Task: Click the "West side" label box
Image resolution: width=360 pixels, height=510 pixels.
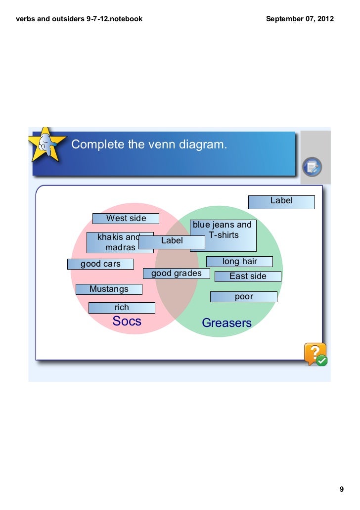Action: coord(126,219)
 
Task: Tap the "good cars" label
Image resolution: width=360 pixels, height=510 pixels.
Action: coord(100,264)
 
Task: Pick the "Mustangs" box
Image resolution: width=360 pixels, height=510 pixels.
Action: coord(109,289)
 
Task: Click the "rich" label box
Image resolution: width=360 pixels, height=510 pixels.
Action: coord(122,308)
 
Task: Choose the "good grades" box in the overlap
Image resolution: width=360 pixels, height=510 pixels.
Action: coord(176,274)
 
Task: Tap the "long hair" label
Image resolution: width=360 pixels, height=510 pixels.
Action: coord(239,261)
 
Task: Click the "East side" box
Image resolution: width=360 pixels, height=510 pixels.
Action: coord(248,277)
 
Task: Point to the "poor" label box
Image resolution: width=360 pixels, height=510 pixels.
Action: coord(244,297)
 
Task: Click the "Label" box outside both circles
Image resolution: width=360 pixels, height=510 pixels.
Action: coord(281,201)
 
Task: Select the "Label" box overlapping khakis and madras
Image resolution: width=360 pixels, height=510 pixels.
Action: coord(172,241)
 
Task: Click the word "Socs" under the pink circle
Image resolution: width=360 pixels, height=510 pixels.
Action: coord(127,322)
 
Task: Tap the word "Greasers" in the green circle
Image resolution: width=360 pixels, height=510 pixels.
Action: coord(227,324)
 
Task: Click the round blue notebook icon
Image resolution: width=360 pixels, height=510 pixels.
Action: coord(312,167)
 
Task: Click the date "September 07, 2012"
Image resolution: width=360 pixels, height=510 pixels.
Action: coord(300,19)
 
